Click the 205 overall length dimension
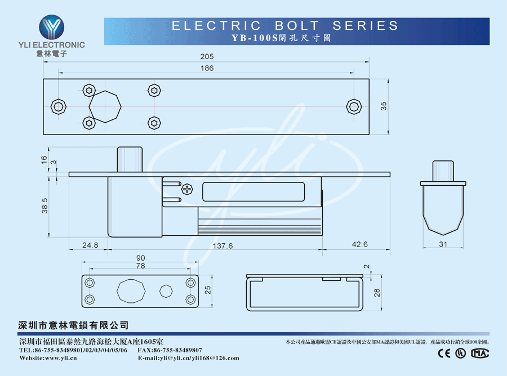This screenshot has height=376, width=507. (207, 57)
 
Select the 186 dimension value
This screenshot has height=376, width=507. (207, 69)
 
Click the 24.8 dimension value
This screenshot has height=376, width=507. (90, 245)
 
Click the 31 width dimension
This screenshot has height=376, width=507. (443, 244)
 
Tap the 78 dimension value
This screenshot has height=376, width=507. (140, 266)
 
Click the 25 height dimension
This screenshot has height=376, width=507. (208, 291)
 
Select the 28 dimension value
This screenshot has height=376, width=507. (377, 292)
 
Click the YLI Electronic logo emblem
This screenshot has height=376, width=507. (51, 27)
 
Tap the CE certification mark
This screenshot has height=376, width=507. (444, 353)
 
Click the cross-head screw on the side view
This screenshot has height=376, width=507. (188, 189)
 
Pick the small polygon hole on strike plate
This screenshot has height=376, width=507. (166, 291)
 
